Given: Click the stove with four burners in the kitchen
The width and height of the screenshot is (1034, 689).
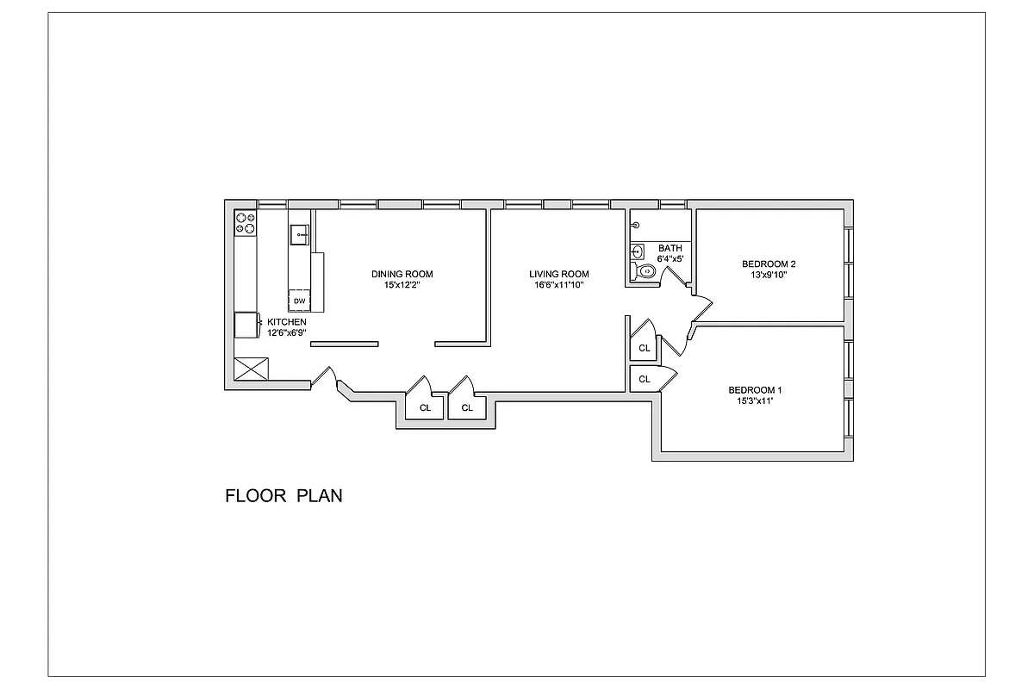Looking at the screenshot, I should click(246, 223).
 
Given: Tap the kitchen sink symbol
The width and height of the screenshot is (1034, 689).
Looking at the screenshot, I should click(299, 233).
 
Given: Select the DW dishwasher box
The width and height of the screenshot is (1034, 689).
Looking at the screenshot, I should click(299, 301).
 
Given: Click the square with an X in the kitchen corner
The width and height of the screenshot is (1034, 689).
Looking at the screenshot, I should click(252, 370).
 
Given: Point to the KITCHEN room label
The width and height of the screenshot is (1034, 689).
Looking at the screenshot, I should click(286, 321).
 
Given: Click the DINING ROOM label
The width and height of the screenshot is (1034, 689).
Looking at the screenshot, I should click(402, 274).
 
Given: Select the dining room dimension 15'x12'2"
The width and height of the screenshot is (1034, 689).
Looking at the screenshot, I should click(402, 285).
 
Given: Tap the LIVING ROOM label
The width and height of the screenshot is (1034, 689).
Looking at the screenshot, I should click(558, 274).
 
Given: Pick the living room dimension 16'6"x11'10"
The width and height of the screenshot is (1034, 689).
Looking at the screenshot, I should click(558, 285).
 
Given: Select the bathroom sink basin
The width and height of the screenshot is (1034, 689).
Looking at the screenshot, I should click(637, 251).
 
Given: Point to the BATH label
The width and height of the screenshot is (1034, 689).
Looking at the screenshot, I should click(670, 248).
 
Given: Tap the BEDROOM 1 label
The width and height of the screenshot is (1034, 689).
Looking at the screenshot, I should click(755, 389).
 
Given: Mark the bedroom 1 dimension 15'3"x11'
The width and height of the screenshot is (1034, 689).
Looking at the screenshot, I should click(755, 400).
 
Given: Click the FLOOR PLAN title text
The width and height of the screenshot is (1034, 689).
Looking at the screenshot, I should click(283, 496).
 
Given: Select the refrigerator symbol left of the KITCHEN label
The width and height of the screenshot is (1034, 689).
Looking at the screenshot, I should click(247, 326).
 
